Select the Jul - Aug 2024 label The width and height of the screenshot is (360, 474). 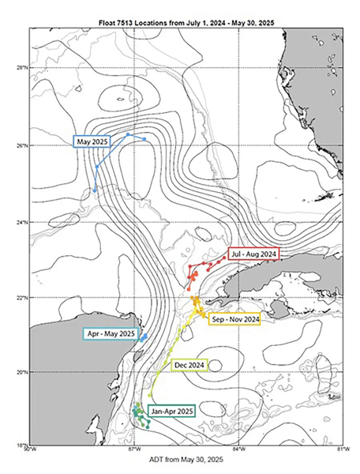253,254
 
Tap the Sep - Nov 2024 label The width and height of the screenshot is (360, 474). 234,320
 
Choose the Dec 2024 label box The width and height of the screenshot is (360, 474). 189,365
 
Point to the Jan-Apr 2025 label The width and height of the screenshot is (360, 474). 172,411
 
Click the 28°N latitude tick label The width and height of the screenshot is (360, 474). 21,68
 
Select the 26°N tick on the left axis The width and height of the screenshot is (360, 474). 21,145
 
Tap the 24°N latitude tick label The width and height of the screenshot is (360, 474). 21,222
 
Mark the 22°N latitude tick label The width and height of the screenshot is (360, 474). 21,298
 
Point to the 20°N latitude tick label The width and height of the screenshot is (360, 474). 21,372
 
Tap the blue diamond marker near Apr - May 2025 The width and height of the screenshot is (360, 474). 144,337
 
